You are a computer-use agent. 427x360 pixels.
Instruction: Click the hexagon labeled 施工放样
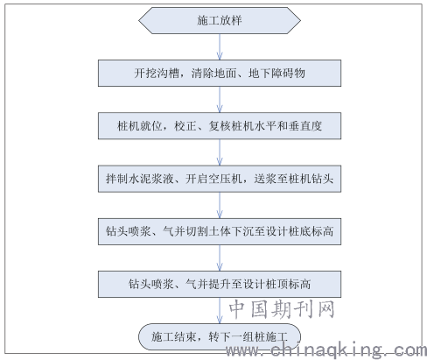(220, 20)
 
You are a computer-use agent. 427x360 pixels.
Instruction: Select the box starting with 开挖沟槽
(220, 74)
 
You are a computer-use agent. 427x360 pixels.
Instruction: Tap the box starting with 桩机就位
(220, 126)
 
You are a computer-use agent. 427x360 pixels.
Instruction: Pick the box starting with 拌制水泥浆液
(220, 179)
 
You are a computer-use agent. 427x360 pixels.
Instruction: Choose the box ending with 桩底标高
(220, 231)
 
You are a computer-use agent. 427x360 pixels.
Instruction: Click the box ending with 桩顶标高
(220, 284)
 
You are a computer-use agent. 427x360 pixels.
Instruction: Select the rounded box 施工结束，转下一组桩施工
(220, 336)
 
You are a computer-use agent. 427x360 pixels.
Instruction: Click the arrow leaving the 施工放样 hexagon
(220, 47)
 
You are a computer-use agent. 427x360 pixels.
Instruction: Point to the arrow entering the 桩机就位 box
(220, 100)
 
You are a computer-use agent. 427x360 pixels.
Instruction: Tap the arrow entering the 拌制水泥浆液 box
(220, 152)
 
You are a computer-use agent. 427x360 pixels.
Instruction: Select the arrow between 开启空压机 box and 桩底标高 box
(220, 205)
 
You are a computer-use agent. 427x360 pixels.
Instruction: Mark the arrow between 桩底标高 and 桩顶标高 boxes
(220, 258)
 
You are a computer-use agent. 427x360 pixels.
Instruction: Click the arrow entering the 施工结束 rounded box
(220, 311)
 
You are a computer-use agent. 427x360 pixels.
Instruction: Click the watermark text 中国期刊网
(282, 309)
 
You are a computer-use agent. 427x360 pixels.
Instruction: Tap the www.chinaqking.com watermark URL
(326, 349)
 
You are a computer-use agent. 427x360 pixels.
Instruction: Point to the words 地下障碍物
(276, 73)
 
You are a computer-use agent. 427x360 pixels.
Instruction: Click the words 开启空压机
(213, 179)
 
